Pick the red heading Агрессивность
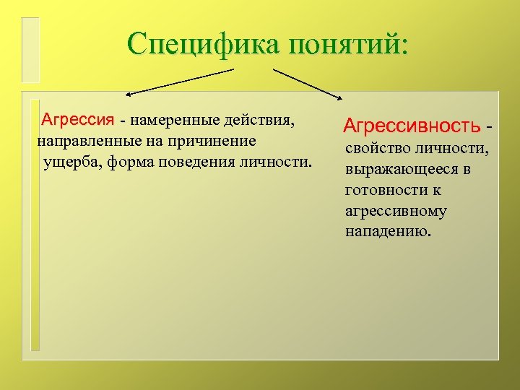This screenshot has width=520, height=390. [412, 126]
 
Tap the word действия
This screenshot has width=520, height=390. [258, 118]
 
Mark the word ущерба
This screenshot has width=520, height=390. [72, 161]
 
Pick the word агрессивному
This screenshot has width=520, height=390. [396, 212]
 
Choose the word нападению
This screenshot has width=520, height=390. [388, 233]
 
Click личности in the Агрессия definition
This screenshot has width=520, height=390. [277, 161]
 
